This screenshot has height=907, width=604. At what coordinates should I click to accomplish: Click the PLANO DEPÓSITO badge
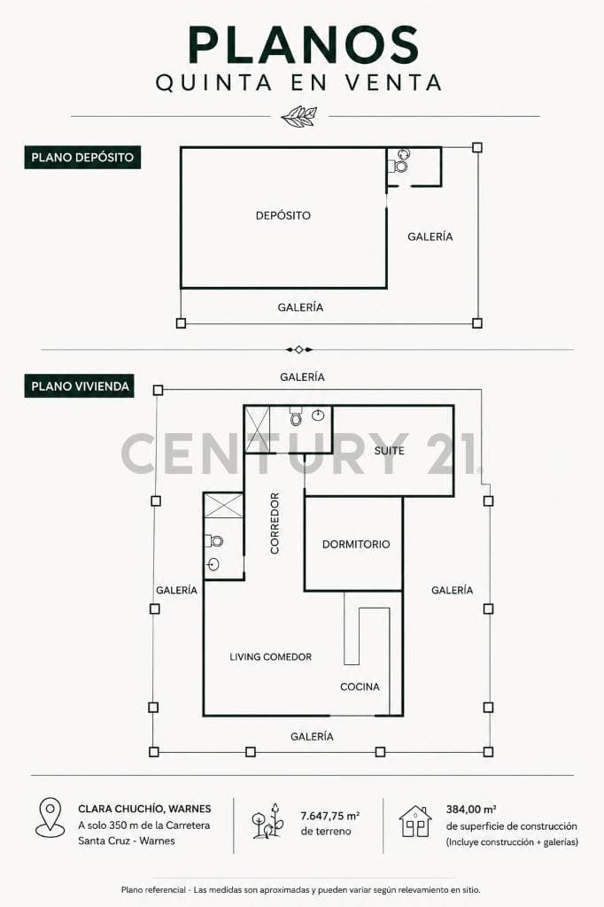coord(82,158)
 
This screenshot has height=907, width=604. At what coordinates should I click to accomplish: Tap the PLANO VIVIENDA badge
coord(79,386)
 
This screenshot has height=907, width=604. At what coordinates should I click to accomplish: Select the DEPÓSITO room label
coord(283,216)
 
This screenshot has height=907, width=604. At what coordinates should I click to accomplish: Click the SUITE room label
coord(389,451)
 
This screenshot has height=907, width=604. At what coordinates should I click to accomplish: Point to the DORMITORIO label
coord(356,545)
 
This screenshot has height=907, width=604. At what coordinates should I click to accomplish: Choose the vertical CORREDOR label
coord(275,523)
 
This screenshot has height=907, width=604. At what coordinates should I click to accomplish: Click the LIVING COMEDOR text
coord(270,657)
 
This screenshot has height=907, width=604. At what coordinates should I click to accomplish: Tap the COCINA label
coord(360,686)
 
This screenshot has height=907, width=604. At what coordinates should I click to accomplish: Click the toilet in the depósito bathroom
coord(399,167)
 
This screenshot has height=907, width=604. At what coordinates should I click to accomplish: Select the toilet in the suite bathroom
coord(296,416)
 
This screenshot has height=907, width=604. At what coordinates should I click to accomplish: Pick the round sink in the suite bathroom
coord(318,415)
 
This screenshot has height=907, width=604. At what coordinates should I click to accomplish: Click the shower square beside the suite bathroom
coord(258,430)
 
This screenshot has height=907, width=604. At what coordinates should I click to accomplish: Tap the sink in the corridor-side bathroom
coord(213,564)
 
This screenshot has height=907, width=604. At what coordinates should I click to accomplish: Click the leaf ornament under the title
coord(299,116)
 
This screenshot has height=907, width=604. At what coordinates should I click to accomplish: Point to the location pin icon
coord(50,818)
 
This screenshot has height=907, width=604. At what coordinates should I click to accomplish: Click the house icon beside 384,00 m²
coord(415,821)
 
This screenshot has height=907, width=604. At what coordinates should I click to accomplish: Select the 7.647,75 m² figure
coord(329,816)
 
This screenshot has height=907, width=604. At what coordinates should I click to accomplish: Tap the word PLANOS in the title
coord(303,45)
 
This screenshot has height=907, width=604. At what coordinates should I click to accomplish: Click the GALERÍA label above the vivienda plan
coord(302,377)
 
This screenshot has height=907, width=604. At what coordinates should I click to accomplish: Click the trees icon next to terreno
coord(267,821)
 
